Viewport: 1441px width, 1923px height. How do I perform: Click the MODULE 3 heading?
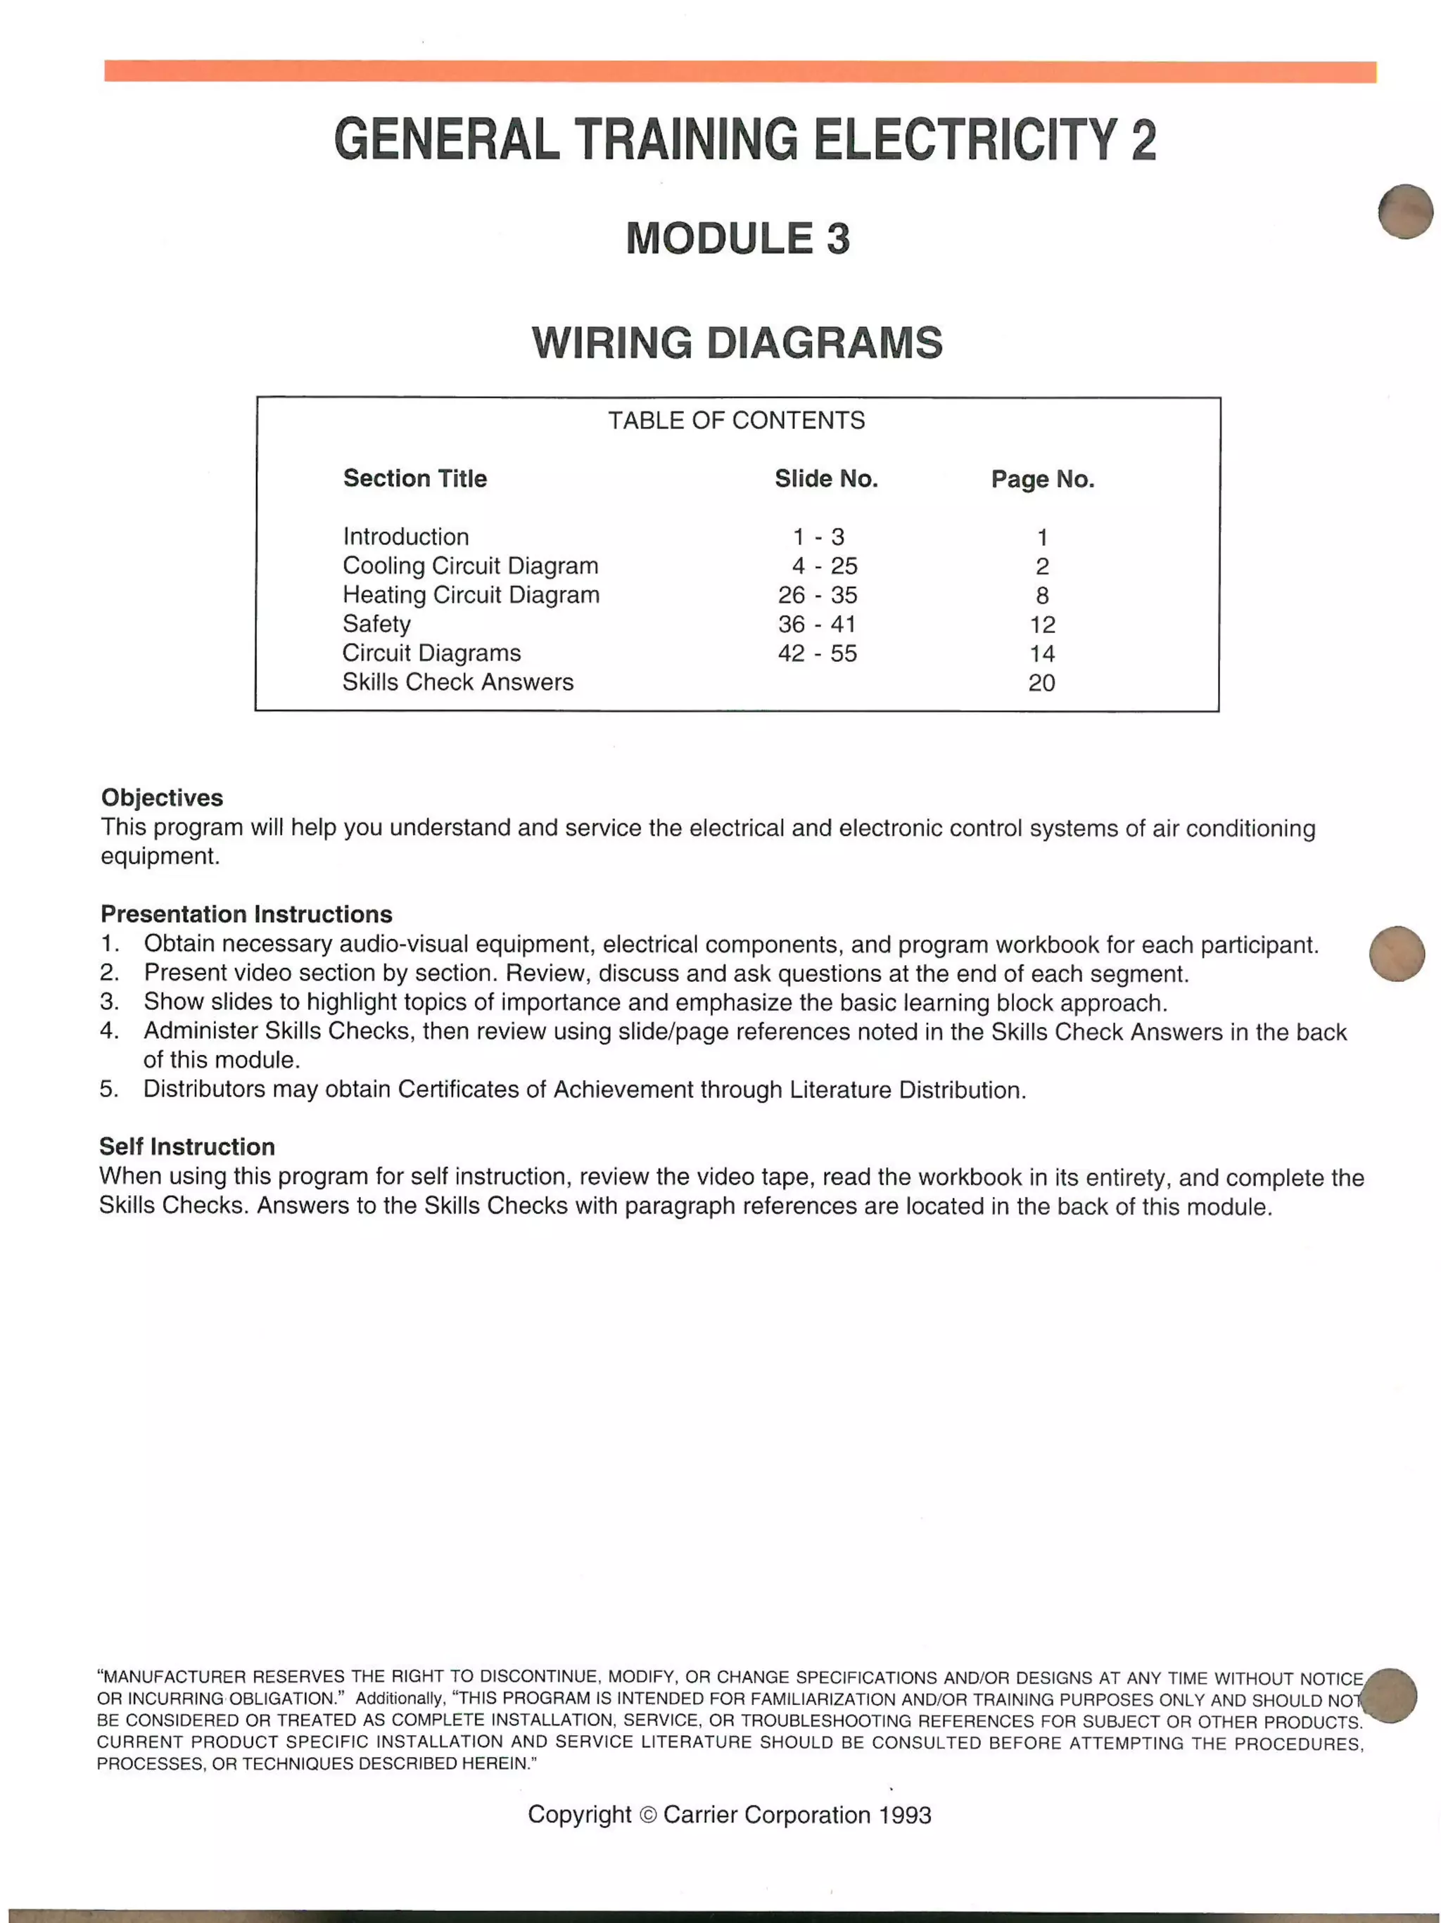click(x=737, y=238)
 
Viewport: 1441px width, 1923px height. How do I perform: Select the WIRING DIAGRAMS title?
click(x=737, y=343)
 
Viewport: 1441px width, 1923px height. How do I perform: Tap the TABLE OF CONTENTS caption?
click(x=736, y=421)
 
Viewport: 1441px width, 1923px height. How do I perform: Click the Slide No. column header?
click(x=826, y=479)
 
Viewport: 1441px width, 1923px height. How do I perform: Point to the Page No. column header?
click(x=1042, y=479)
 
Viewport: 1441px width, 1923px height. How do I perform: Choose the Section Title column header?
click(x=415, y=479)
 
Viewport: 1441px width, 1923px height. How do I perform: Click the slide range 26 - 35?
click(x=818, y=596)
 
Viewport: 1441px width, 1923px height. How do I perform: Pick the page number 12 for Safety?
click(x=1042, y=625)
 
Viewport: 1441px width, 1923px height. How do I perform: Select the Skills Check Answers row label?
click(x=457, y=682)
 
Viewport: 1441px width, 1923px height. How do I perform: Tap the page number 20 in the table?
click(x=1041, y=683)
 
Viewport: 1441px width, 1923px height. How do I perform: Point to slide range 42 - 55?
click(x=818, y=653)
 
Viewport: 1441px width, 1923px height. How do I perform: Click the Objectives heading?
click(x=162, y=798)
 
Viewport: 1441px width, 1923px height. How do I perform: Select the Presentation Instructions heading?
click(x=246, y=914)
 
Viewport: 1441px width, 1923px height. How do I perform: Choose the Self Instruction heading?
click(x=187, y=1146)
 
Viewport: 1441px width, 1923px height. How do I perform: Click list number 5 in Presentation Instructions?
click(x=108, y=1090)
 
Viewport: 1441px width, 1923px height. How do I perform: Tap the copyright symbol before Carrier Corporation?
click(x=648, y=1815)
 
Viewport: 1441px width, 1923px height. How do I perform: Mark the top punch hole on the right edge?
click(x=1405, y=211)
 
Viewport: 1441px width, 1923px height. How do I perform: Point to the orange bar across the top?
click(x=739, y=71)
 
